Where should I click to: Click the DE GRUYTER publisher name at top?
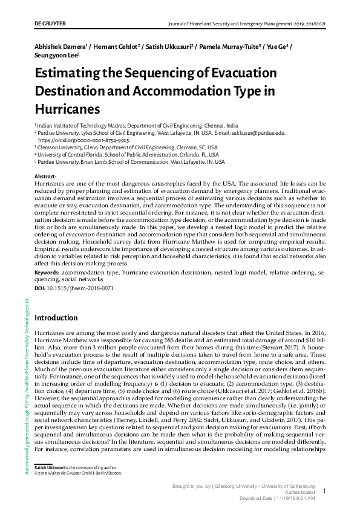50,24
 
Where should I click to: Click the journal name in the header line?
229,24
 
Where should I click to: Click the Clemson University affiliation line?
127,147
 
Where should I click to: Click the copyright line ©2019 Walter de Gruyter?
78,473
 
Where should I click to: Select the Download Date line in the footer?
278,498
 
